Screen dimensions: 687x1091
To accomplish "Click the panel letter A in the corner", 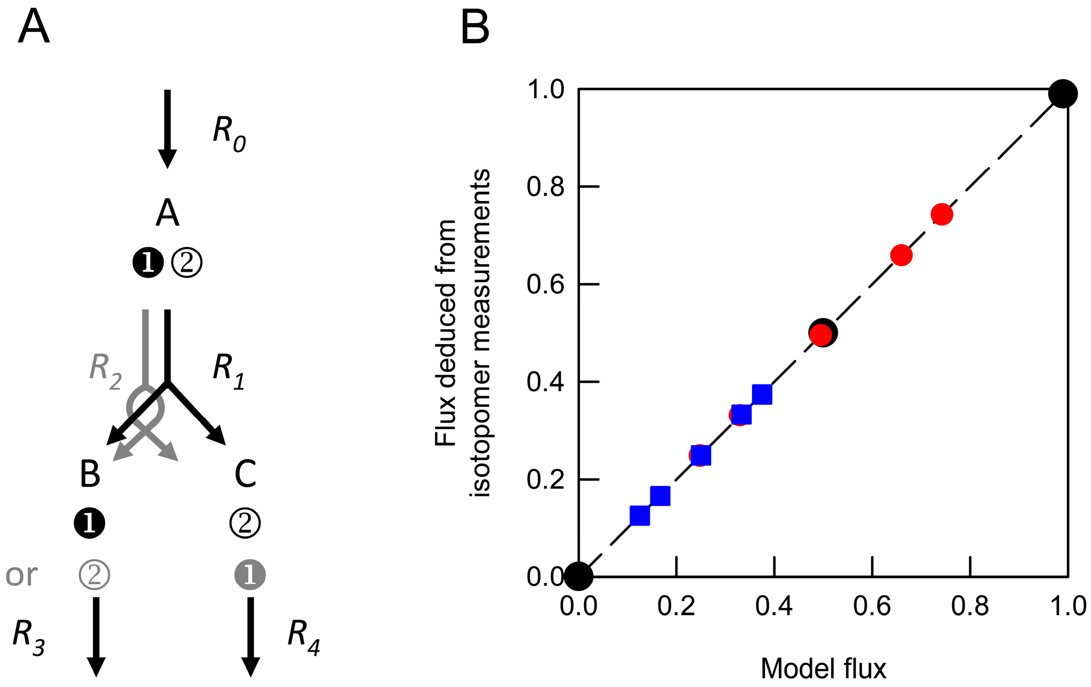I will point(34,27).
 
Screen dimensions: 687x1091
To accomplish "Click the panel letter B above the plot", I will point(475,28).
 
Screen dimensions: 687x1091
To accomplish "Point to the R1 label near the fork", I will point(228,371).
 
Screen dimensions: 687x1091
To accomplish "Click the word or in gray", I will point(21,576).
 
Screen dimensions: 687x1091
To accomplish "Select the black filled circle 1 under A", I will point(148,263).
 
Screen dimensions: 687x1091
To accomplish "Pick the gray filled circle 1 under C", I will point(250,575).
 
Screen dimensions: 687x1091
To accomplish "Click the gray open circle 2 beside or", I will point(94,575).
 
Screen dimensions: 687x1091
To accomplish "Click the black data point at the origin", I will point(578,576).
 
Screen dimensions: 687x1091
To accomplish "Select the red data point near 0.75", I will point(942,214).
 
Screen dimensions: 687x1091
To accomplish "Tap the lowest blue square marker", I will point(640,515).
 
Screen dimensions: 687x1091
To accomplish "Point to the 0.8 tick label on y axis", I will point(545,186).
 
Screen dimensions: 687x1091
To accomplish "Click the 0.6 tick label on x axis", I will point(872,606).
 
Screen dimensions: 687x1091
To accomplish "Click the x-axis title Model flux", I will point(823,669).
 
